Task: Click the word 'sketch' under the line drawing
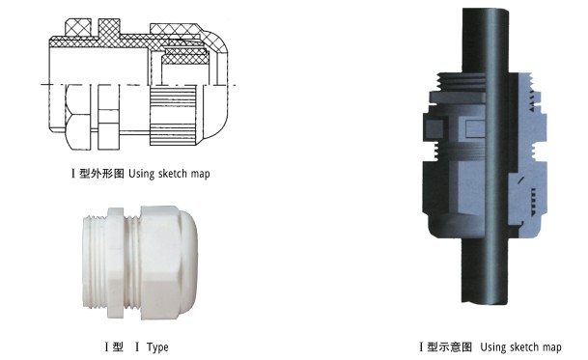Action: pyautogui.click(x=173, y=174)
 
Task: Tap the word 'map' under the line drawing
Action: pyautogui.click(x=200, y=175)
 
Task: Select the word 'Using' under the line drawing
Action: pyautogui.click(x=141, y=174)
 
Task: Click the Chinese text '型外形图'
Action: pyautogui.click(x=101, y=174)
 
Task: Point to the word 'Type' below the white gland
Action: pyautogui.click(x=157, y=347)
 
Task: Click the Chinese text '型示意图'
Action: pyautogui.click(x=449, y=346)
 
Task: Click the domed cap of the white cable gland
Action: pyautogui.click(x=169, y=263)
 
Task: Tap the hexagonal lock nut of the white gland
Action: pyautogui.click(x=115, y=263)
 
